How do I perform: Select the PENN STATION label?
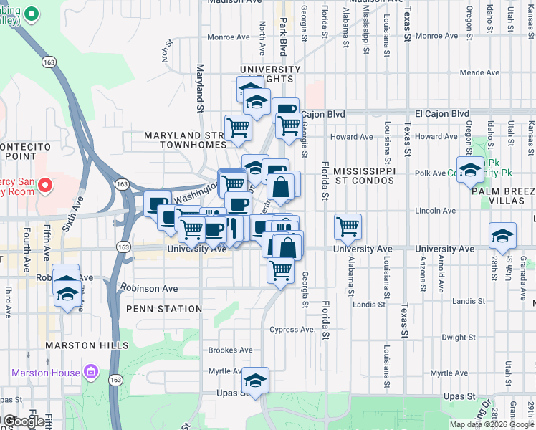164,309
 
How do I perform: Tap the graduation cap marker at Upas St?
254,380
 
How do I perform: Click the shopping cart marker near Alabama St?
348,226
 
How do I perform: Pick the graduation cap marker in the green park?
469,169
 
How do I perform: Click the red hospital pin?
44,186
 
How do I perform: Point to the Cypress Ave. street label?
292,330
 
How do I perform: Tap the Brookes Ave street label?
230,350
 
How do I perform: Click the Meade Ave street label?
479,72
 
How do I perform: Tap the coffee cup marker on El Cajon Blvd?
285,110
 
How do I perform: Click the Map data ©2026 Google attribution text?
491,424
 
